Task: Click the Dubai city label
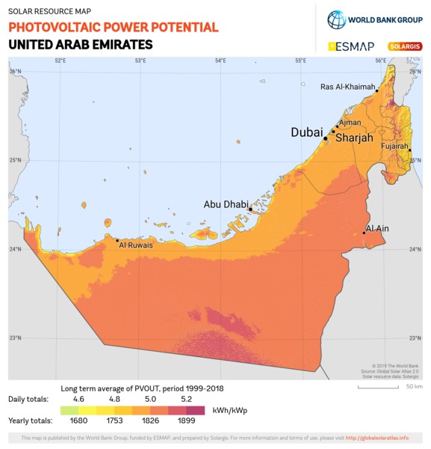pos(306,132)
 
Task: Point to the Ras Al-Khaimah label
pos(347,87)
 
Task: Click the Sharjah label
pos(354,138)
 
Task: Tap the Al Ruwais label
pos(135,244)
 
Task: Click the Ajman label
pos(350,122)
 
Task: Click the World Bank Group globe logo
pos(336,19)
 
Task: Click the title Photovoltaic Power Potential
pos(114,28)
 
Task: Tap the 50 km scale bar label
pos(414,387)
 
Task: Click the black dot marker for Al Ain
pos(364,233)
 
